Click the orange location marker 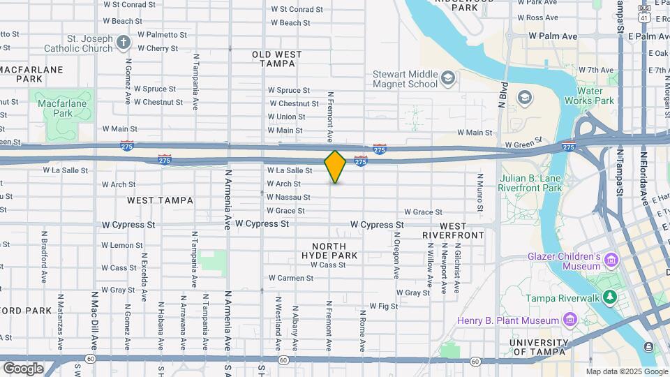336,166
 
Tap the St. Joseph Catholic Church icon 124,43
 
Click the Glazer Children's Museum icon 611,260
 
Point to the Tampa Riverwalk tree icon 611,297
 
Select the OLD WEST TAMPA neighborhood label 277,59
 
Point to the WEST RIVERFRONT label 453,230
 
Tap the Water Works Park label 595,96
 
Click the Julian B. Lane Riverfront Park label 530,183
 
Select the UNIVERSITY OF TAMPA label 547,347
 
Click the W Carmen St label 291,278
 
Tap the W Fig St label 383,306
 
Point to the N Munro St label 480,193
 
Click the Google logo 23,368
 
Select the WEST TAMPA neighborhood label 160,200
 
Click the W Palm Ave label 553,36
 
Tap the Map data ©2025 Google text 626,371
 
